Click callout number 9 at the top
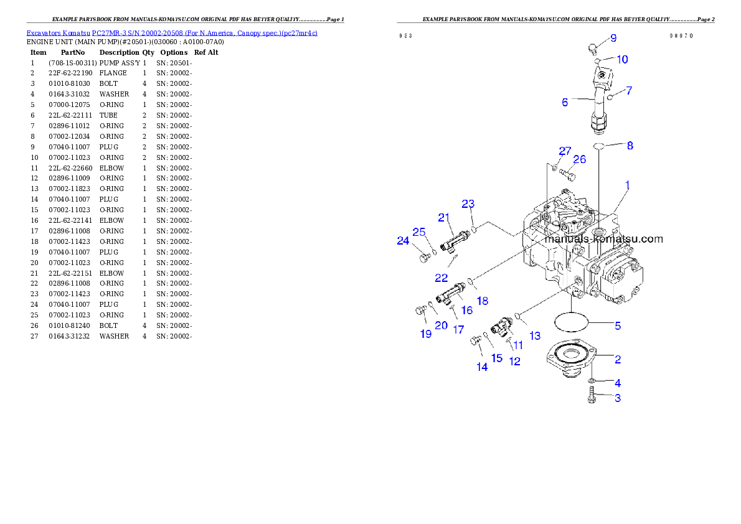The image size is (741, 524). pos(613,39)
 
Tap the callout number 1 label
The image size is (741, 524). pos(628,185)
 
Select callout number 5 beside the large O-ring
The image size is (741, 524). pos(618,325)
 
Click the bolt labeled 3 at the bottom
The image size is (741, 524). pos(590,395)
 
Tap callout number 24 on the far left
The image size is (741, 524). pos(403,241)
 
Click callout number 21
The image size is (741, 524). pos(443,217)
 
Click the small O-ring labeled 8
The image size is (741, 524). pos(598,146)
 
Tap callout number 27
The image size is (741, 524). pos(564,151)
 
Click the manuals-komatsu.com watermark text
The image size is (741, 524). pos(603,239)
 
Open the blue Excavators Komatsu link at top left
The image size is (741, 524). pos(172,33)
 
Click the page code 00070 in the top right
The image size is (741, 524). pos(681,36)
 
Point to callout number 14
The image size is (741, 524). pos(482,367)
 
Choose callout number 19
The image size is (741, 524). pos(425,334)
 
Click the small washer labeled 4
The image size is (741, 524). pos(591,381)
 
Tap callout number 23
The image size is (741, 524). pos(468,204)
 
